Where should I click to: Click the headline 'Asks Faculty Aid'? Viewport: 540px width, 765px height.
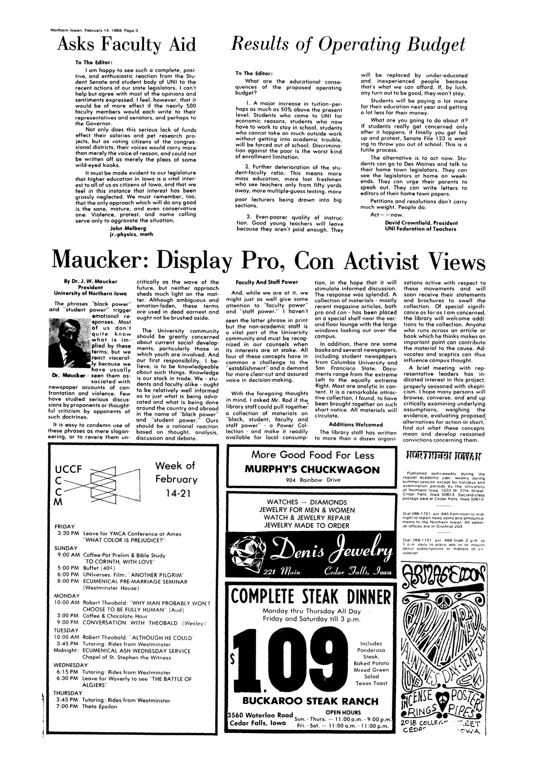click(x=127, y=45)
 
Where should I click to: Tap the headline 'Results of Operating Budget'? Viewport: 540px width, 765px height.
click(x=347, y=45)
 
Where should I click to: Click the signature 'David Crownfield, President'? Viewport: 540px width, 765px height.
click(x=421, y=223)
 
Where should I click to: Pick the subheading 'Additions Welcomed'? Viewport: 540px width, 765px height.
click(x=356, y=424)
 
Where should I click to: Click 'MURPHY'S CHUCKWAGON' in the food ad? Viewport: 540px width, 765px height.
click(x=312, y=470)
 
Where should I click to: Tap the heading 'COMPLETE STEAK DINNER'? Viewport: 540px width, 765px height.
click(x=311, y=597)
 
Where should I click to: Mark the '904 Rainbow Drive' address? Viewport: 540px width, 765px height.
click(x=311, y=480)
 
